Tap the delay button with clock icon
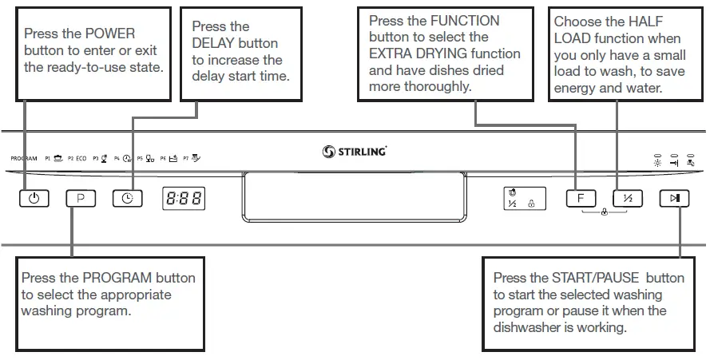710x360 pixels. coord(127,198)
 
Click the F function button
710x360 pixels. coord(581,198)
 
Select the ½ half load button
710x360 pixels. coord(627,198)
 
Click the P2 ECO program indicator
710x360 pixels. coord(77,159)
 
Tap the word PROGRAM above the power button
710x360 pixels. coord(24,159)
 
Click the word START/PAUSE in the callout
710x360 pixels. coord(595,278)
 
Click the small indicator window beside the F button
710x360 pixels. coord(520,198)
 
